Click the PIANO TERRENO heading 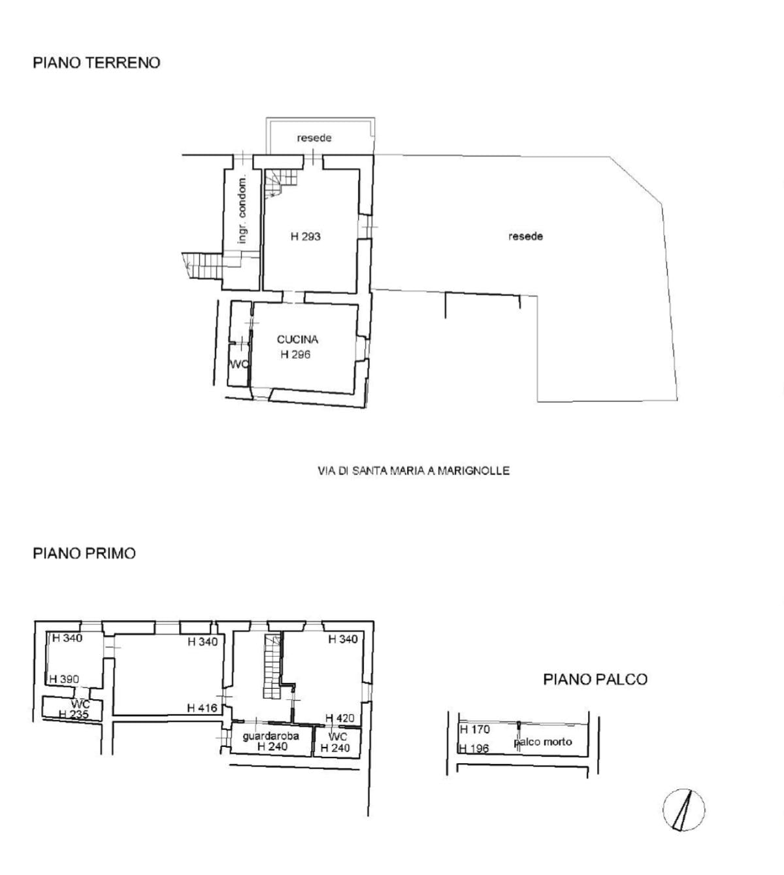(x=97, y=63)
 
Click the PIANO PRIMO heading (x=85, y=553)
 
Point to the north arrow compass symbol (x=683, y=810)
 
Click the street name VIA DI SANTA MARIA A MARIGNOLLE (x=414, y=471)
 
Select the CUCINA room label (x=297, y=339)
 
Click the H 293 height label (x=306, y=237)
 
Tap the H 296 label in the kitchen (x=296, y=355)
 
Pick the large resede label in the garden (x=525, y=237)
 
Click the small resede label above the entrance (x=314, y=138)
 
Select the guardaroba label (x=271, y=736)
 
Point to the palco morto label (x=543, y=742)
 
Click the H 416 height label (x=202, y=708)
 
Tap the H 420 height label (x=340, y=718)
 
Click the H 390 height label (x=64, y=680)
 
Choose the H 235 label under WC (x=74, y=714)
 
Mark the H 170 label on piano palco (x=475, y=729)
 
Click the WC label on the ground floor (x=239, y=365)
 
